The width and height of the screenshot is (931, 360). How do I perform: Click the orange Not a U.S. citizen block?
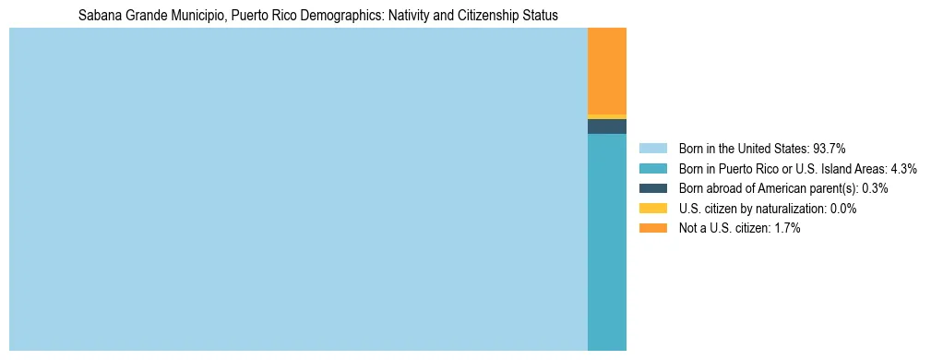[606, 70]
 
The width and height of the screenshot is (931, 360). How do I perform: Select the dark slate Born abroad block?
[606, 126]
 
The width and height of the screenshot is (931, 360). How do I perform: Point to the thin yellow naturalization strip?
[606, 116]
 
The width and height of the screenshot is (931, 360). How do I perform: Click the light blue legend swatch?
[652, 148]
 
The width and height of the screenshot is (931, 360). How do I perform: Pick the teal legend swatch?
[652, 168]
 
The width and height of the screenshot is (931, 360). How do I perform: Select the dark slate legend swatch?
[652, 188]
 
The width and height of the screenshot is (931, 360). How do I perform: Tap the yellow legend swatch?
[652, 209]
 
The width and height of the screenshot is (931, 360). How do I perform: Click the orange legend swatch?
[652, 229]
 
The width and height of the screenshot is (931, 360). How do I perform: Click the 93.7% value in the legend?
[829, 148]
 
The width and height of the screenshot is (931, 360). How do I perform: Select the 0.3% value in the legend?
[875, 188]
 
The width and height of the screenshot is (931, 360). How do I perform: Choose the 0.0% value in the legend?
[842, 209]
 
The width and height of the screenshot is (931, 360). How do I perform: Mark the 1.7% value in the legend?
[787, 229]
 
